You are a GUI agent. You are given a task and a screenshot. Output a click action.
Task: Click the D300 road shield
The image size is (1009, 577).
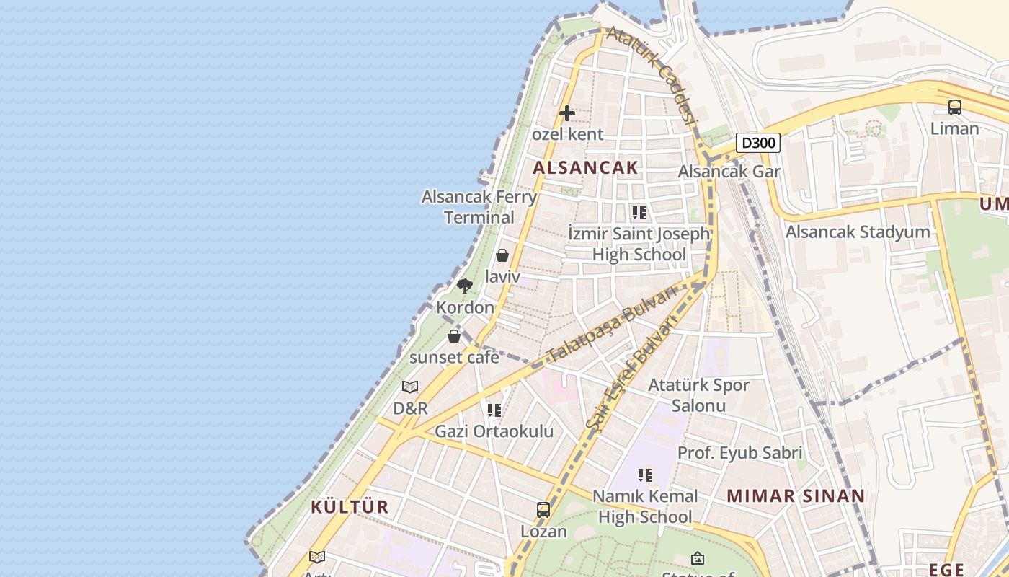coord(758,143)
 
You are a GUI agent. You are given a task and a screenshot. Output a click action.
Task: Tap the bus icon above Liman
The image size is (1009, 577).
coord(955,107)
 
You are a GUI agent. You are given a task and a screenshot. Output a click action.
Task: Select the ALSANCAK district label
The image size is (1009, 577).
coord(585,168)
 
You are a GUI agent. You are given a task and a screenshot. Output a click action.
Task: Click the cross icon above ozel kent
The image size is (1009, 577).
coord(567,113)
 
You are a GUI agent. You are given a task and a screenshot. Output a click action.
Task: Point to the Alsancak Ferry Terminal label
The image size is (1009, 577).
coord(479,207)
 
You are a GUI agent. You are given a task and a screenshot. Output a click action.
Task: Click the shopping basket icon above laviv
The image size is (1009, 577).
coord(502,255)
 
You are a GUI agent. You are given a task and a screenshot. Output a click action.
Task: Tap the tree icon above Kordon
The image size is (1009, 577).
coord(465,286)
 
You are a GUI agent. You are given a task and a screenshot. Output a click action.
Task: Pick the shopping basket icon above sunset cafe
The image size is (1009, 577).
coord(454,336)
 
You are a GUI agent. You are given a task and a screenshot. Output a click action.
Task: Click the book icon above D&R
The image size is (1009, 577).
coord(410,387)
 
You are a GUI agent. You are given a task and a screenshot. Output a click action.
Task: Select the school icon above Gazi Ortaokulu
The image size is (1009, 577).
coord(494,410)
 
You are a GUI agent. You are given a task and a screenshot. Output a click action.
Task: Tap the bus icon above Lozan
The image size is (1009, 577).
coord(543,510)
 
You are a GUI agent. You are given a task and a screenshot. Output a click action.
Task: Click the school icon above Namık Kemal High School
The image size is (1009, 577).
coord(645,475)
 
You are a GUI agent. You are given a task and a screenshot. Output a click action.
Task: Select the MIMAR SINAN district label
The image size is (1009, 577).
coord(795,496)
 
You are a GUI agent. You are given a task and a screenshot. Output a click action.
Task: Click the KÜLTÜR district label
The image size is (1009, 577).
coord(350,507)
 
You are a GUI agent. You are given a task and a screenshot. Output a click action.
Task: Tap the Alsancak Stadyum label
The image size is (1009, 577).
coord(858,232)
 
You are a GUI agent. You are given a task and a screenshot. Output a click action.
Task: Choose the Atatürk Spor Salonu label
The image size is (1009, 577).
coord(698,395)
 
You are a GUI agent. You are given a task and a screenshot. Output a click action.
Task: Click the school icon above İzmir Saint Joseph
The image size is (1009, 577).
coord(639,213)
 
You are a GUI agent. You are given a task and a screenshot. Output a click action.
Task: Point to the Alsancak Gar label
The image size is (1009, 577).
coord(729,172)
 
